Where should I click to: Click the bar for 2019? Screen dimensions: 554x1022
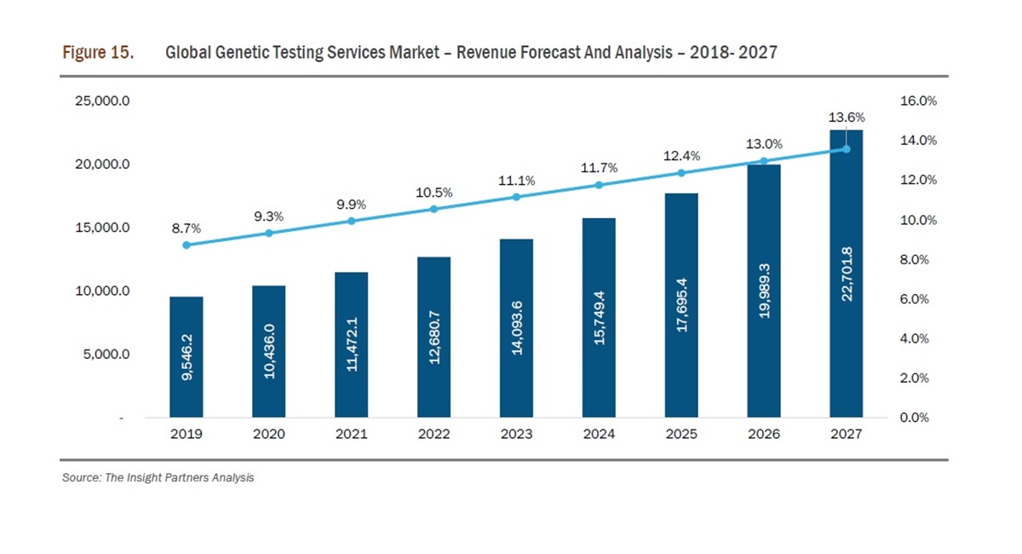point(187,357)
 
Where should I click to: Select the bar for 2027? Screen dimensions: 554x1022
point(847,274)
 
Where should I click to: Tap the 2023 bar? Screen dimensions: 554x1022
point(516,328)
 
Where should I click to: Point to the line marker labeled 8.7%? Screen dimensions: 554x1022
point(187,245)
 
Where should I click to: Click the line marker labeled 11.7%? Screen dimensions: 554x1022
point(599,185)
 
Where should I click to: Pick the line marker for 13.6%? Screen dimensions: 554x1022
point(847,149)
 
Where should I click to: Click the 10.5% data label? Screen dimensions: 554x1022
point(433,193)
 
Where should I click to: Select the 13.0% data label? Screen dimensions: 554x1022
point(764,144)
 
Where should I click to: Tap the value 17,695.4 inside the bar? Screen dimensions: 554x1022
point(681,304)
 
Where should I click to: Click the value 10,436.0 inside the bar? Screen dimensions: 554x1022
point(269,351)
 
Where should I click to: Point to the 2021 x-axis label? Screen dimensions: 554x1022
point(351,434)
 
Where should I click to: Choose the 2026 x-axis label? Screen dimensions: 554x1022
point(764,434)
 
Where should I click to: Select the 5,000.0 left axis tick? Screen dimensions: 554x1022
point(106,354)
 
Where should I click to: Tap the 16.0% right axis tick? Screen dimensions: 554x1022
point(918,101)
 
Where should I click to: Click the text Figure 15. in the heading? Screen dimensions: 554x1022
point(98,53)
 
